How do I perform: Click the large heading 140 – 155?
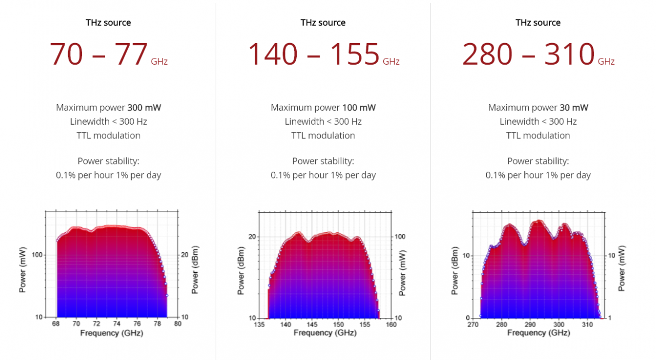pos(314,54)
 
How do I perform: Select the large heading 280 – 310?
pos(528,54)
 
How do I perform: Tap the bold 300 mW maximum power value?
pos(145,108)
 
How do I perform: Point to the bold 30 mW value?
pos(573,108)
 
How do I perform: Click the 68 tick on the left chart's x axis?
pos(56,324)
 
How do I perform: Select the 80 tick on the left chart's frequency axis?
pos(177,324)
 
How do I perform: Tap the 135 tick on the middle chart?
pos(259,325)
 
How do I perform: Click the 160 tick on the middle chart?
pos(391,325)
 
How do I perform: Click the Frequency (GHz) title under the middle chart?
pos(325,333)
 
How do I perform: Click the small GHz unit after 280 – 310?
pos(606,62)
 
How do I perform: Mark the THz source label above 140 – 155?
pos(323,23)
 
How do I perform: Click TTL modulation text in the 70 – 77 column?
pos(108,135)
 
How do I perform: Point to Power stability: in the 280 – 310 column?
pos(538,161)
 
